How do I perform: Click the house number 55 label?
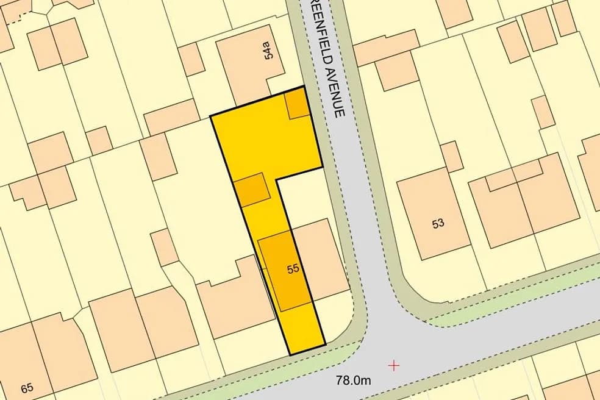(293, 268)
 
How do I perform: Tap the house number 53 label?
(438, 223)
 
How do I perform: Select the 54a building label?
(268, 51)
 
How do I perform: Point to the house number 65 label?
(27, 388)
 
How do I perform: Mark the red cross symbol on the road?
(395, 365)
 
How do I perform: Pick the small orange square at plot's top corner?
(298, 104)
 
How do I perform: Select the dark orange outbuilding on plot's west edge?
(252, 189)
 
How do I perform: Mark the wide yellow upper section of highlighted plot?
(265, 140)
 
